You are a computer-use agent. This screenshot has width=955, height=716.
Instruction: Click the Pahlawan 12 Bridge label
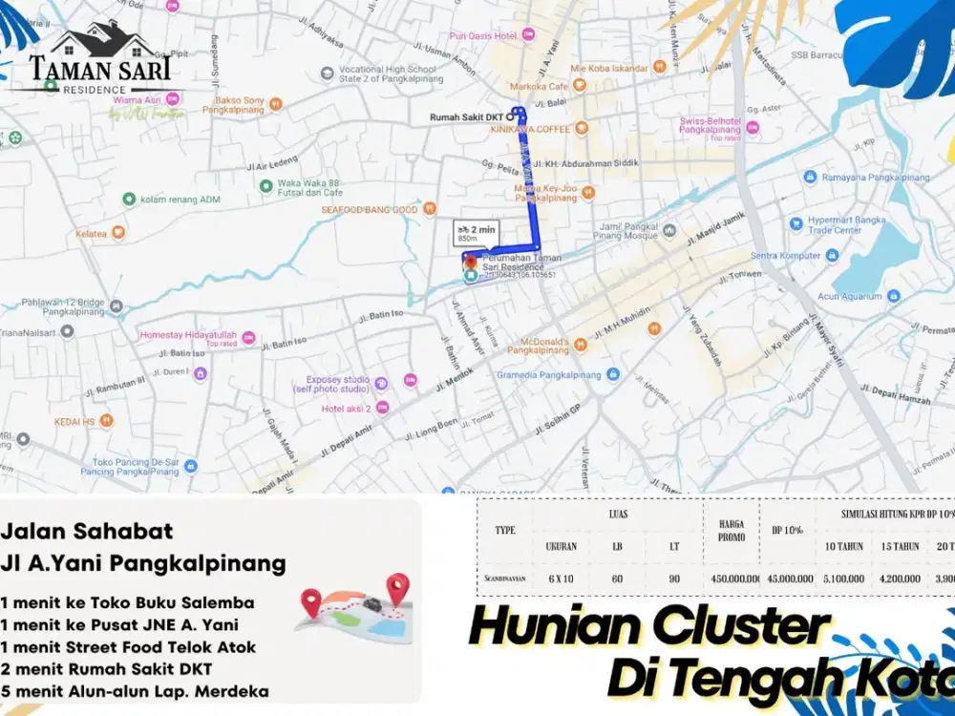(61, 306)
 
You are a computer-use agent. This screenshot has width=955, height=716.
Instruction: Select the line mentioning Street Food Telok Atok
(130, 646)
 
